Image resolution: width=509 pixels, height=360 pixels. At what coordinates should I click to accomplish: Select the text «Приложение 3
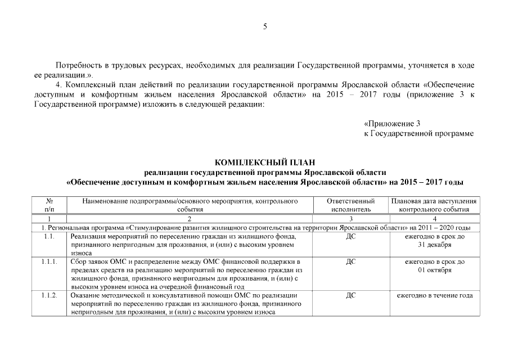point(392,123)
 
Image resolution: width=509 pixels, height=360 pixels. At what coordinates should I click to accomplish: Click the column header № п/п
point(49,205)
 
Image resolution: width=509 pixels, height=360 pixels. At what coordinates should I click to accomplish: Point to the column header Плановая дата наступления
point(434,201)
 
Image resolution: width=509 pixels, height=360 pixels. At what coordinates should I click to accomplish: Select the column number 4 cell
point(434,218)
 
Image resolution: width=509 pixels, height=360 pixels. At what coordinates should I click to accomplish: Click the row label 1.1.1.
point(49,262)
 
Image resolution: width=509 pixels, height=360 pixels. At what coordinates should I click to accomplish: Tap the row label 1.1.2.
point(49,296)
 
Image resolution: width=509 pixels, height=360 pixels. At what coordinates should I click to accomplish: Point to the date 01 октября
point(434,271)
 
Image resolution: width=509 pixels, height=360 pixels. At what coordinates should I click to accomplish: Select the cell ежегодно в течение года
point(434,296)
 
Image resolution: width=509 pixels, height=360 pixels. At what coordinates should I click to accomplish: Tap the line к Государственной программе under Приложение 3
point(419,133)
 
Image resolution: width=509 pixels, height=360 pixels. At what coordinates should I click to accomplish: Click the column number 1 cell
point(49,218)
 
